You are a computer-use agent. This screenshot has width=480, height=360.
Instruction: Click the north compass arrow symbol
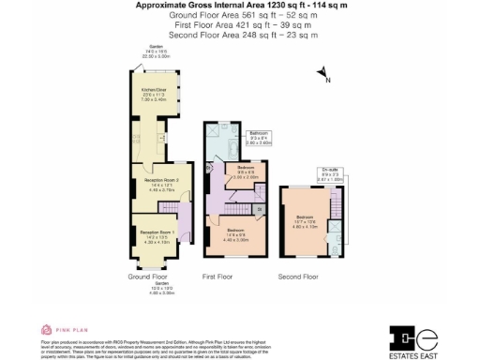pyautogui.click(x=322, y=72)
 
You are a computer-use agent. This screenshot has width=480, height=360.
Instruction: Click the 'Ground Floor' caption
pyautogui.click(x=148, y=277)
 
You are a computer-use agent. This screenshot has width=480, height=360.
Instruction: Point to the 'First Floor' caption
pyautogui.click(x=217, y=277)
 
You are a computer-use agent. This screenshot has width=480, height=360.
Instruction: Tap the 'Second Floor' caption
pyautogui.click(x=298, y=277)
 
